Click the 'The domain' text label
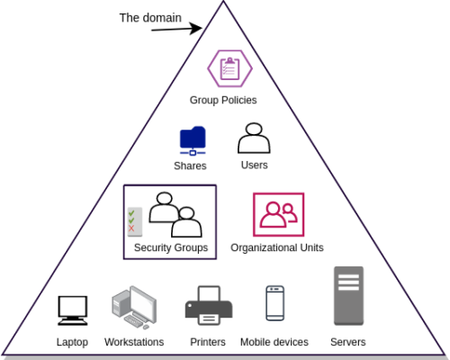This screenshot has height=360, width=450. [150, 17]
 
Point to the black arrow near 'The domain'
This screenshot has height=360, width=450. [176, 28]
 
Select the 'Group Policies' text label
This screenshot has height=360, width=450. [223, 100]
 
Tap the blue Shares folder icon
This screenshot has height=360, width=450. [193, 139]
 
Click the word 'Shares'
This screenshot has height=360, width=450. [190, 166]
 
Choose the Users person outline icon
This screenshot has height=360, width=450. [254, 138]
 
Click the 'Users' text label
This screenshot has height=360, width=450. [254, 165]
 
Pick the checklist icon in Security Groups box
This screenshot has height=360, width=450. [134, 221]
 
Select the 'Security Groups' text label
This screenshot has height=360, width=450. [170, 247]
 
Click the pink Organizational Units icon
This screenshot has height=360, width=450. [278, 214]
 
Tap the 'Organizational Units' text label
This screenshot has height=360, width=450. [277, 247]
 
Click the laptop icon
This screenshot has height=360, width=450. [72, 310]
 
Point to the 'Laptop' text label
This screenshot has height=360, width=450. [72, 342]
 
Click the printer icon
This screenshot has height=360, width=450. [208, 306]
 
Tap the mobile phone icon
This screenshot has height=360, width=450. [274, 303]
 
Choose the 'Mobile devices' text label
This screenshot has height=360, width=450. [274, 342]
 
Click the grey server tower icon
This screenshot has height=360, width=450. [348, 295]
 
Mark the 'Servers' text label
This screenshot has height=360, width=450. [347, 342]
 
